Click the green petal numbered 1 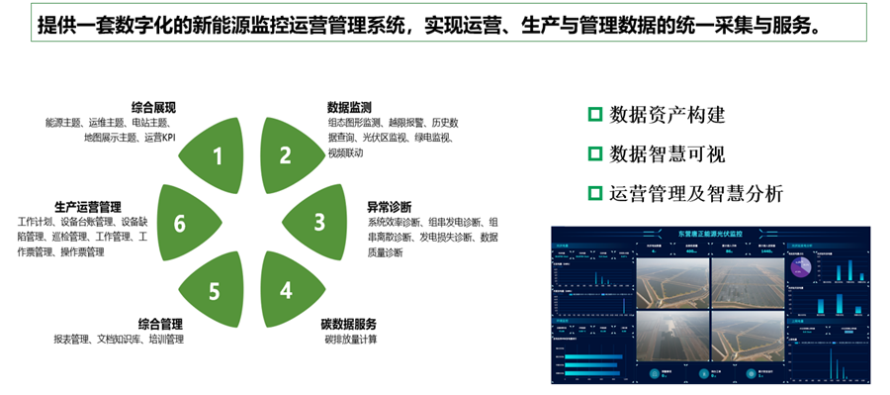click(220, 153)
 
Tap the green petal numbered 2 click(284, 153)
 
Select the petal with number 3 click(318, 222)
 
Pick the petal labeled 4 click(285, 290)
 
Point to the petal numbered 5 click(216, 290)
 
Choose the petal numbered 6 click(180, 224)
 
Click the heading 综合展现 click(153, 107)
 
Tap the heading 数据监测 click(349, 107)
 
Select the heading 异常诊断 click(390, 207)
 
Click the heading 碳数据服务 click(348, 324)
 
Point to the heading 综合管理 click(160, 324)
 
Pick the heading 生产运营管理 click(87, 207)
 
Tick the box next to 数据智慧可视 click(594, 153)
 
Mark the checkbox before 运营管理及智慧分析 click(594, 192)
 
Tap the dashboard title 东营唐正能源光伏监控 click(709, 234)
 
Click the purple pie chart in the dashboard click(800, 266)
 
